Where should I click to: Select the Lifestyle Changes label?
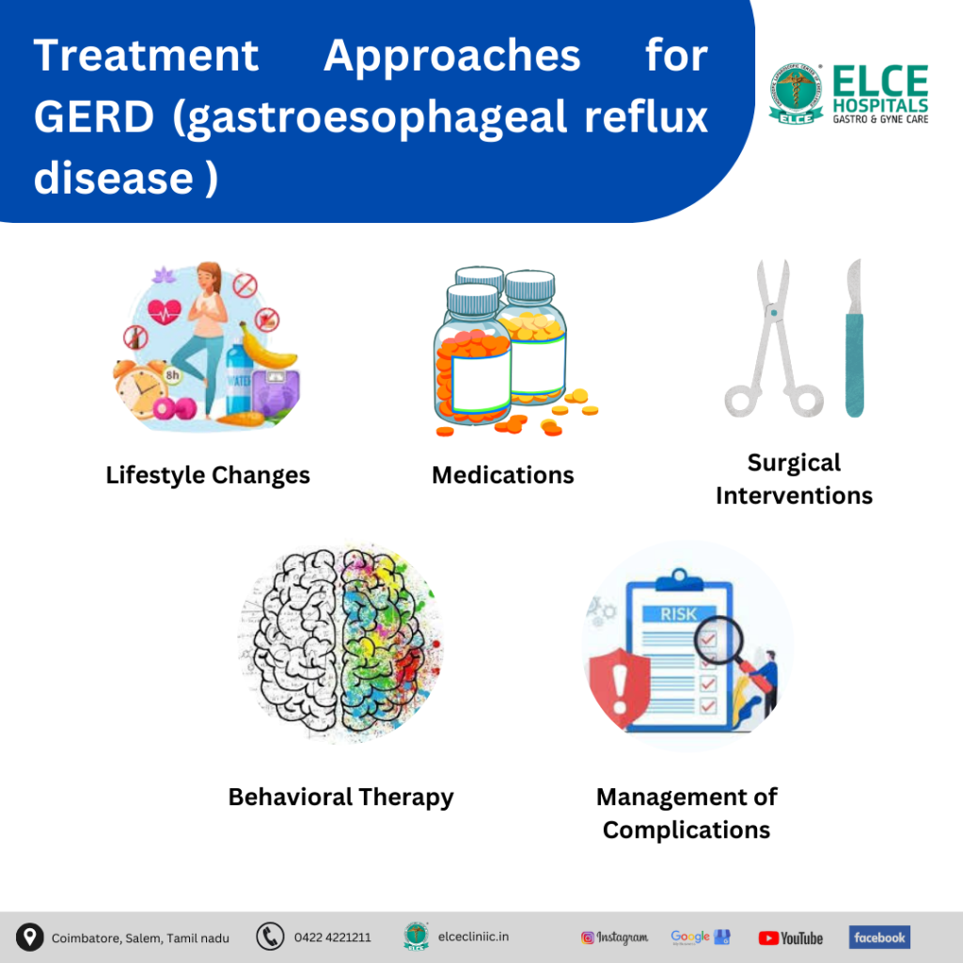point(208,475)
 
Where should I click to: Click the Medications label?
point(502,475)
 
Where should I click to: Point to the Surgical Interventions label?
point(794,479)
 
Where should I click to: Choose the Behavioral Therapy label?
point(340,797)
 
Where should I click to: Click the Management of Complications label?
point(687,813)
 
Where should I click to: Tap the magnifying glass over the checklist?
point(718,645)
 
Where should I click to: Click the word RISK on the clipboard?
point(678,614)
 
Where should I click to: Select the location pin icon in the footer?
point(30,937)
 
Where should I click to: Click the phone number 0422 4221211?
point(332,938)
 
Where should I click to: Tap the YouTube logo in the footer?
point(790,938)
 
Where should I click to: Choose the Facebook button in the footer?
point(879,937)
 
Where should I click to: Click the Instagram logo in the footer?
point(614,938)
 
